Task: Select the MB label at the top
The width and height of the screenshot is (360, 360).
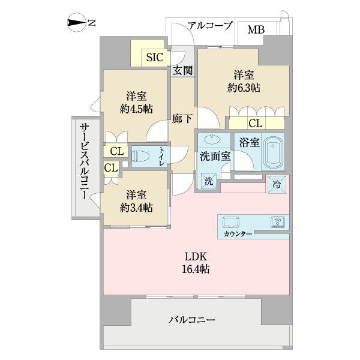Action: coord(256,29)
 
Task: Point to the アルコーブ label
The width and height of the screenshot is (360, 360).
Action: coord(210,26)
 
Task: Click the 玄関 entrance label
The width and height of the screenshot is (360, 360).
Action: coord(182,71)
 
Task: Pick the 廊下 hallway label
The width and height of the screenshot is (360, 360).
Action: coord(182,118)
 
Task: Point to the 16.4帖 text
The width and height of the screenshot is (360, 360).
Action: coord(196,269)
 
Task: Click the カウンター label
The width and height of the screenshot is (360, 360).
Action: coord(237,233)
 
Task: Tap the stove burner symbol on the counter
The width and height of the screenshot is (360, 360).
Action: coord(277,221)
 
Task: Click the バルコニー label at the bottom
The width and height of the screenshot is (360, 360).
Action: coord(192,319)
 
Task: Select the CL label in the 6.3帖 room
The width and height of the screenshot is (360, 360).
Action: coord(255,124)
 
